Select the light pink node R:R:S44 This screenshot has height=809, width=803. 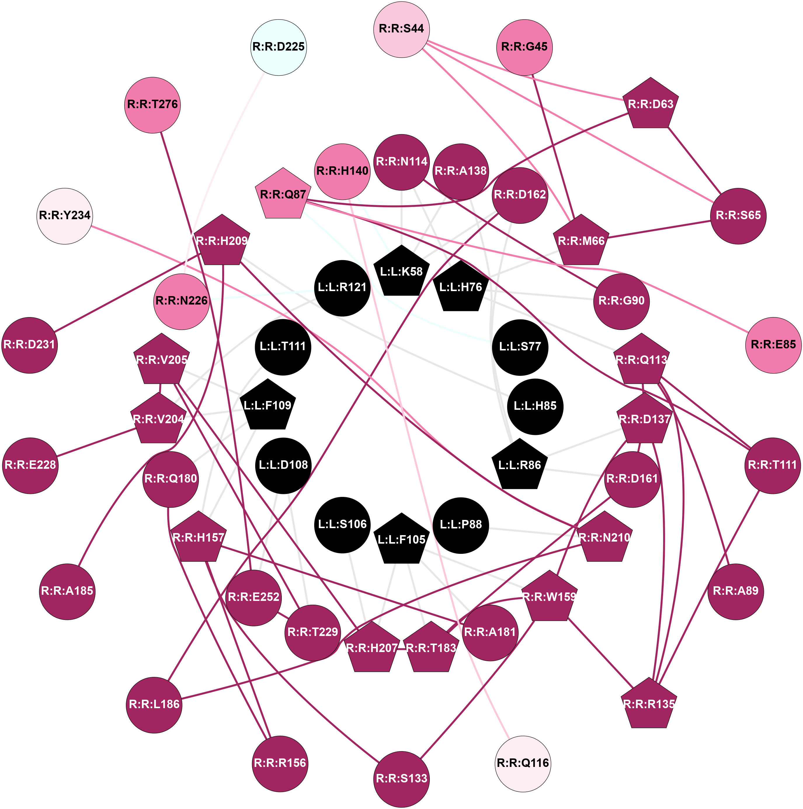(401, 29)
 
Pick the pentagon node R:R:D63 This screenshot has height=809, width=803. (651, 104)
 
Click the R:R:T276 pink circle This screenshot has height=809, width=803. (152, 105)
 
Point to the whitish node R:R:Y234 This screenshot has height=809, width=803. (65, 216)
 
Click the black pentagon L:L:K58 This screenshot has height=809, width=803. (401, 272)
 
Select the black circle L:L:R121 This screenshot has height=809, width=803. (342, 288)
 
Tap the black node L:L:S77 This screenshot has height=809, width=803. (520, 347)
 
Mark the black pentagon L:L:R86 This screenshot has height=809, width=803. (519, 466)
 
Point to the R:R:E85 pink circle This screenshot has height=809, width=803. (773, 345)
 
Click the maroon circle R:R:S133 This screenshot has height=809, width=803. (401, 779)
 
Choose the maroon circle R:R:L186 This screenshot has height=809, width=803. (154, 705)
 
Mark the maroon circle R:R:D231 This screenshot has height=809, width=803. (29, 345)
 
